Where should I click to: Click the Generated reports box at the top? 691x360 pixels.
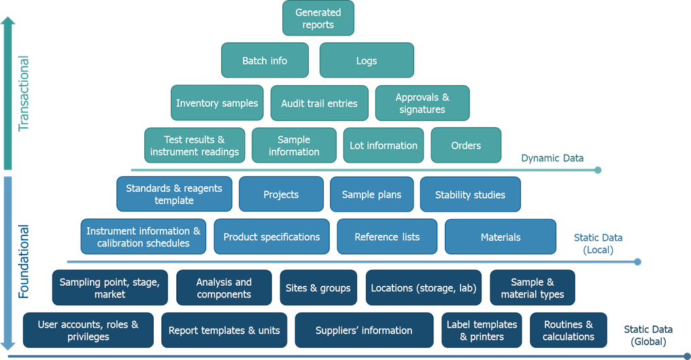coord(318,18)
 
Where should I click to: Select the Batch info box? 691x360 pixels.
coord(265,61)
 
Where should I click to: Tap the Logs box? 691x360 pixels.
coord(366,61)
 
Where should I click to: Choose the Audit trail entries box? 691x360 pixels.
coord(319,103)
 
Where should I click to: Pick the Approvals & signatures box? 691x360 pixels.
coord(422,103)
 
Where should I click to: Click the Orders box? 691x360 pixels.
coord(466,146)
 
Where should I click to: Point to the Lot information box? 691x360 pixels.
coord(383,146)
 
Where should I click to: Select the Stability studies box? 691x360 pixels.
coord(470,195)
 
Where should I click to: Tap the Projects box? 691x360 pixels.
coord(281,195)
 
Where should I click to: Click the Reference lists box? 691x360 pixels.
coord(387,237)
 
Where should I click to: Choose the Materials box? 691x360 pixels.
coord(500,237)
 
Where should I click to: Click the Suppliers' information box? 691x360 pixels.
coord(364,331)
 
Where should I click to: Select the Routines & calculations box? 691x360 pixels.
coord(569,331)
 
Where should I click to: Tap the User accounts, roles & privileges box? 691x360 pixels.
coord(88,331)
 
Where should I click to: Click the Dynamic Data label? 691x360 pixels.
coord(552,158)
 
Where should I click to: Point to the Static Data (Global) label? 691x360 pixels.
coord(648,336)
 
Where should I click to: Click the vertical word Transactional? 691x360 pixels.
coord(24,94)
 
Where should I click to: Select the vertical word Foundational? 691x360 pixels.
coord(24,262)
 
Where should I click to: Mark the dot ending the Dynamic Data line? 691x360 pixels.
coord(598,170)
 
